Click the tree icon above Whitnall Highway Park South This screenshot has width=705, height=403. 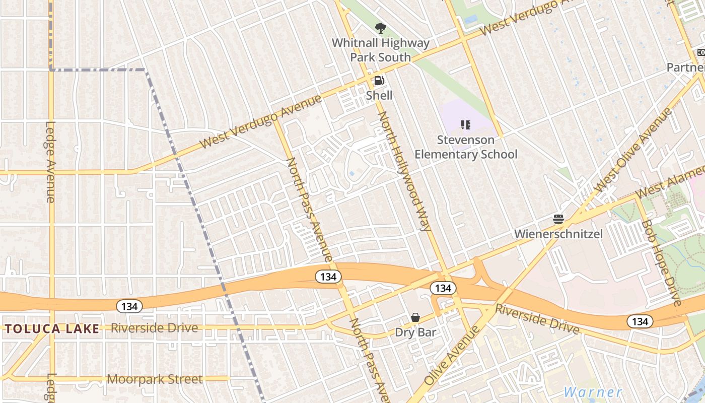point(380,28)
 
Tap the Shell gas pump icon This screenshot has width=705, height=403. point(379,81)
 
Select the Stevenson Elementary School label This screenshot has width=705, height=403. point(466,147)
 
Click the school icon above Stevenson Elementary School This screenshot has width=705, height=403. point(465,124)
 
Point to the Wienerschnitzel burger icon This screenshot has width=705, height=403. point(558,219)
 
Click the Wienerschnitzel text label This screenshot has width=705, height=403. point(558,234)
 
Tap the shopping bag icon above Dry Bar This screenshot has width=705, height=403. point(415,317)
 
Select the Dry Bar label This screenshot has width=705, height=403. point(415,332)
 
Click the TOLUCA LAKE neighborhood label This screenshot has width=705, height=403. point(52,329)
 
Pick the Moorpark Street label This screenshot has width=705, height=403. point(155,379)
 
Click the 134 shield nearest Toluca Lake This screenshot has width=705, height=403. point(129,306)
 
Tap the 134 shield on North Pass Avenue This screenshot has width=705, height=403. point(329,276)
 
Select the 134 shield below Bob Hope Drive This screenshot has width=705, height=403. point(640,321)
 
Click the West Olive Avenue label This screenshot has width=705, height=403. point(633,150)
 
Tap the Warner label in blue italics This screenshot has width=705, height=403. point(593,392)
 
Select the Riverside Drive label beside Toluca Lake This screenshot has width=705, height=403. point(154,328)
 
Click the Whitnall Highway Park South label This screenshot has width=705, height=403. point(380,50)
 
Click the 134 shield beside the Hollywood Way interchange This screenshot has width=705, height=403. point(443,288)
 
